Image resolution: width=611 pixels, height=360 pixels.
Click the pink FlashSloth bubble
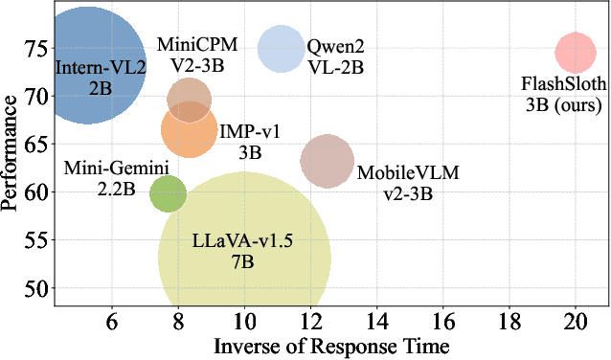(x=575, y=52)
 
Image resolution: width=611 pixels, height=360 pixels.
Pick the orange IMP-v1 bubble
(x=190, y=130)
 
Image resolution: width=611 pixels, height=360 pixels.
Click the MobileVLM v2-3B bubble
(x=328, y=161)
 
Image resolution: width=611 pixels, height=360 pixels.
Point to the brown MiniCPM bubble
(x=190, y=98)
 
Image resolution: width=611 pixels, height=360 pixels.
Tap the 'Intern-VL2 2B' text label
(x=101, y=78)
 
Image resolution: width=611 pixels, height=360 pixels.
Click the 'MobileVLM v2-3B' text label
(x=395, y=183)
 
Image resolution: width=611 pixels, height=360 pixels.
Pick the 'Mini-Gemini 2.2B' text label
(x=116, y=178)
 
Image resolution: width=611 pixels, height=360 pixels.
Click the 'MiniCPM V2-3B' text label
(x=192, y=54)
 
